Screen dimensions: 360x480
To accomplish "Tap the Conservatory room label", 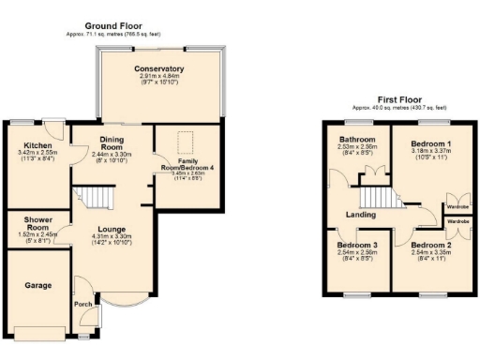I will [x=158, y=69].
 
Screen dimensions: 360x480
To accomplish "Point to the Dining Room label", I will [x=112, y=143].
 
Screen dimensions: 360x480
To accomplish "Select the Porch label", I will [x=82, y=303].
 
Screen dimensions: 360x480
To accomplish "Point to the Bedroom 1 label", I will [x=430, y=144].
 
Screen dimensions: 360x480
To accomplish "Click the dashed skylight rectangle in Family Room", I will [x=187, y=142].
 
